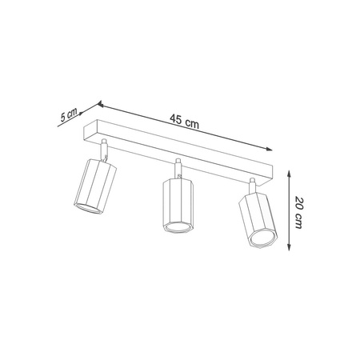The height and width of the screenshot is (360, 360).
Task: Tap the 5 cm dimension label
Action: click(69, 114)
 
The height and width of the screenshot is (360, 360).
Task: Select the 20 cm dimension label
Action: click(298, 212)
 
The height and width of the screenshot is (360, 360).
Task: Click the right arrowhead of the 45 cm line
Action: click(270, 147)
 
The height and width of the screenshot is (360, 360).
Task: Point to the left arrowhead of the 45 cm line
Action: click(101, 103)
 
